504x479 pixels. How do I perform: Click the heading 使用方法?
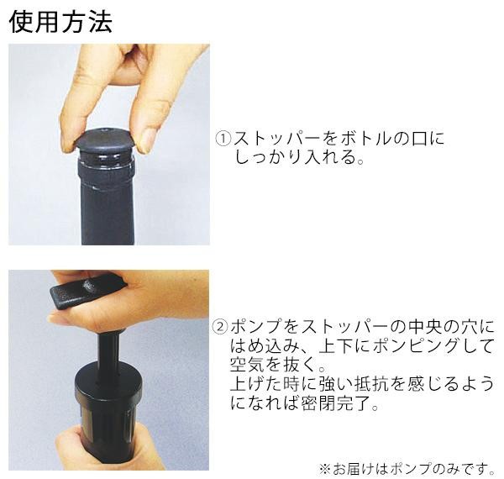point(61,22)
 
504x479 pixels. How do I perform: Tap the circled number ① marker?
point(223,139)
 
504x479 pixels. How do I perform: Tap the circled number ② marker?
point(220,327)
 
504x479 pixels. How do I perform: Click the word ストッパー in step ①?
point(277,139)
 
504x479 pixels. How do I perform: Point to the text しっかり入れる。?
point(300,157)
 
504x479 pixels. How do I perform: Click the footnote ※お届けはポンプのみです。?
point(407,469)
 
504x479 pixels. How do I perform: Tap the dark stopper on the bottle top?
point(106,140)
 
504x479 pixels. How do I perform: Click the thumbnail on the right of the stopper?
point(145,141)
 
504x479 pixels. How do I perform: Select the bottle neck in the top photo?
point(107,198)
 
